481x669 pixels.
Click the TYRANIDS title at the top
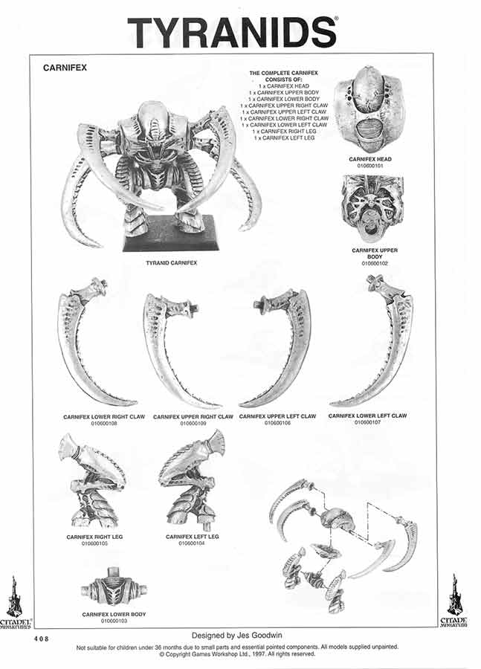[x=232, y=32]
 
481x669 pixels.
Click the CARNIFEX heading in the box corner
[x=67, y=68]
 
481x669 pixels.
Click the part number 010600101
[x=369, y=166]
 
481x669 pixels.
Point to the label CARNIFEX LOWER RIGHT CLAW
[x=104, y=417]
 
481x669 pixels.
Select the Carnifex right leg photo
[x=92, y=481]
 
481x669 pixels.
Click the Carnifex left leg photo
[x=191, y=479]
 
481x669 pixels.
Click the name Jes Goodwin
[x=260, y=636]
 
